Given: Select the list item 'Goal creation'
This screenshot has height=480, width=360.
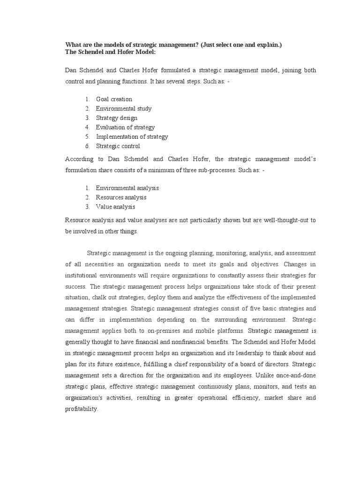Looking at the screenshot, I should click(x=114, y=99).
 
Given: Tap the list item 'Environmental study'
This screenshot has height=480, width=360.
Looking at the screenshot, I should click(x=124, y=109).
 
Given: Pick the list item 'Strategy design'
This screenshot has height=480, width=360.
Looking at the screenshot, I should click(x=117, y=118).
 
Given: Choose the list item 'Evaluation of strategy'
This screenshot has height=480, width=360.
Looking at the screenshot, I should click(x=125, y=127).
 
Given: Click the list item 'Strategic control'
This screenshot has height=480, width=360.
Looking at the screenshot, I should click(x=118, y=146).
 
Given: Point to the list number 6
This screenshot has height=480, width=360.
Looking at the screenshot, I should click(x=87, y=146).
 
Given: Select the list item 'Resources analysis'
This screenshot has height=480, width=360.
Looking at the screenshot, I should click(x=121, y=197).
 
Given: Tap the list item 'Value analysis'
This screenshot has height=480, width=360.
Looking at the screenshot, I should click(x=115, y=207).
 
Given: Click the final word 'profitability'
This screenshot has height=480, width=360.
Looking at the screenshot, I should click(x=82, y=409).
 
